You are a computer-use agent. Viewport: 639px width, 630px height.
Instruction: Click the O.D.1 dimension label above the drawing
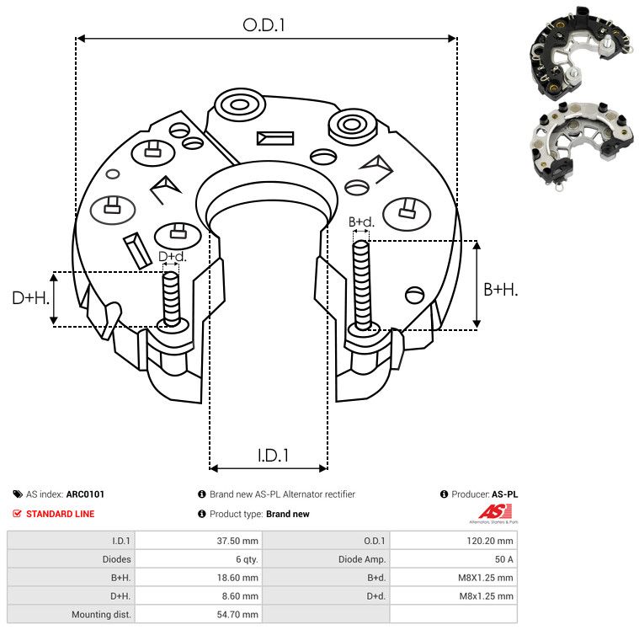pos(264,25)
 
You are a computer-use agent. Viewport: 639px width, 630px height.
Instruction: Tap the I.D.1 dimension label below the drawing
pos(273,456)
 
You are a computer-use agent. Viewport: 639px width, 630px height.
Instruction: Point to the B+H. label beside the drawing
pos(500,290)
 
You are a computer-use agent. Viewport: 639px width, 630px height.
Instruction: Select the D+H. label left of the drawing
pos(30,298)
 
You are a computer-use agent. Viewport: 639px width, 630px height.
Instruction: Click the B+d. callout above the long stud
pos(361,222)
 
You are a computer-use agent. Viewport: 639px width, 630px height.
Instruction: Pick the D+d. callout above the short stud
pos(173,257)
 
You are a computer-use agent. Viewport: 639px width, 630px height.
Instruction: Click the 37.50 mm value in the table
pos(237,541)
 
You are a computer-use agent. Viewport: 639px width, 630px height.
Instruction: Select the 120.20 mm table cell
pos(490,541)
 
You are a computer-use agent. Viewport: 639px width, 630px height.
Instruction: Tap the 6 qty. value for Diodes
pos(247,559)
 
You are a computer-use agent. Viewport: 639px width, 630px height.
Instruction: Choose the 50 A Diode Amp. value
pos(503,559)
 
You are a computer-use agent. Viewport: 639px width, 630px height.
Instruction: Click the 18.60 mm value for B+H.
pos(237,578)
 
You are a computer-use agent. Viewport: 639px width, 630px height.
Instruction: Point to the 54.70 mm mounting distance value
pos(237,614)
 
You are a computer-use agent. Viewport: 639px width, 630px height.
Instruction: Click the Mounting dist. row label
pos(101,614)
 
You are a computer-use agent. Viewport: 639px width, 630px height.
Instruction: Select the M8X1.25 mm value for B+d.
pos(486,578)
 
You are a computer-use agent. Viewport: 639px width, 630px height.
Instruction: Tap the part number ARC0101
pos(85,494)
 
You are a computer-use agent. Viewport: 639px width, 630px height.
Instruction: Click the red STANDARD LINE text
pos(61,514)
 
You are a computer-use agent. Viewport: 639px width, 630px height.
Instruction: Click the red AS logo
pos(494,512)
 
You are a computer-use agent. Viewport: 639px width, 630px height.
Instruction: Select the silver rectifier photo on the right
pos(583,145)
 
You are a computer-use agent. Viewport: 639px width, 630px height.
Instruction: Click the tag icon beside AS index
pos(18,494)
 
